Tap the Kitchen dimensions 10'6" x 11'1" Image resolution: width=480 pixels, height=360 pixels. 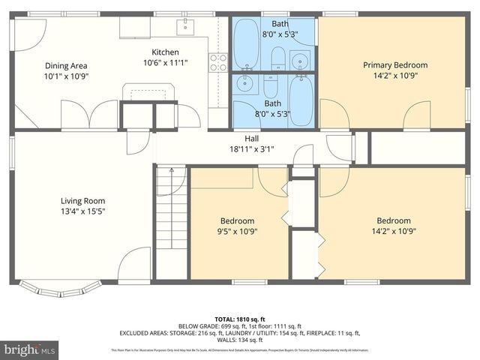pos(164,63)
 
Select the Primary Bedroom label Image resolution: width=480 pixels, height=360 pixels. pos(395,65)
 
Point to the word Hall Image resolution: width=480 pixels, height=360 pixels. pos(252,138)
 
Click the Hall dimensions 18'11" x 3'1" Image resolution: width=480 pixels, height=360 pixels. pos(252,148)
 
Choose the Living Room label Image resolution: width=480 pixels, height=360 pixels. pos(82,200)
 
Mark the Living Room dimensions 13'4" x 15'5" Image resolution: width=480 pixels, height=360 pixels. pos(82,211)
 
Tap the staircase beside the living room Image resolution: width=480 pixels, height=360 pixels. pos(169,225)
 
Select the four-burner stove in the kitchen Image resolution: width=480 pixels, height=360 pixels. pos(218,62)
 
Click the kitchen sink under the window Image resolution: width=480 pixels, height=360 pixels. pos(185,28)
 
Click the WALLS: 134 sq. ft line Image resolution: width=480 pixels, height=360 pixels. pos(240,341)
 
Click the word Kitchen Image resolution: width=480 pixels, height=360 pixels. pos(164,52)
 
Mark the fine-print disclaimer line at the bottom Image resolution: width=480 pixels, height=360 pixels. pos(240,350)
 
